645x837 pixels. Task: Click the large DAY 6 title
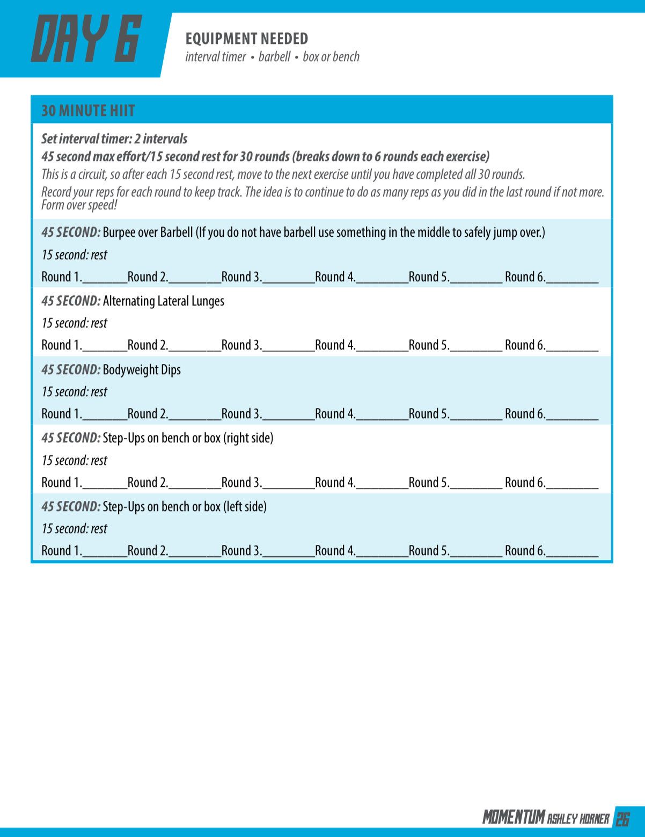[86, 39]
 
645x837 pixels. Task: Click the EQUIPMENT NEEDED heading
[247, 39]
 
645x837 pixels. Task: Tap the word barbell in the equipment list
[274, 57]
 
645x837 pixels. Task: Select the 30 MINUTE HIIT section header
[88, 111]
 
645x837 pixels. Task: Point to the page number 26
[623, 819]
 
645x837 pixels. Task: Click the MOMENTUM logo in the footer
[514, 817]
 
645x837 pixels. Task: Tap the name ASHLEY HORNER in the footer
[578, 819]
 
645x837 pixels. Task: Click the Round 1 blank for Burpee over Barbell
[105, 279]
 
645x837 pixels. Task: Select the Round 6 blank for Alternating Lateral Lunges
[572, 347]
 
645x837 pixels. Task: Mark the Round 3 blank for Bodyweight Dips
[288, 416]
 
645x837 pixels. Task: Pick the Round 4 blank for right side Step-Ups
[382, 485]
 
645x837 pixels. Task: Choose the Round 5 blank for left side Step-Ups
[476, 553]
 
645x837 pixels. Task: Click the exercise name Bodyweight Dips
[142, 370]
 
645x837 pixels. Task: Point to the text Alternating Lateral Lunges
[163, 301]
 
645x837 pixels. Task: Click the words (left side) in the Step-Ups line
[245, 507]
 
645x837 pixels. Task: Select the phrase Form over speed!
[79, 205]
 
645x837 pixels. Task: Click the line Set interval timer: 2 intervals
[114, 139]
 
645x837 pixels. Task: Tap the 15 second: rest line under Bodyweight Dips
[74, 392]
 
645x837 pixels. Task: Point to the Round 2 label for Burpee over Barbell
[148, 277]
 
